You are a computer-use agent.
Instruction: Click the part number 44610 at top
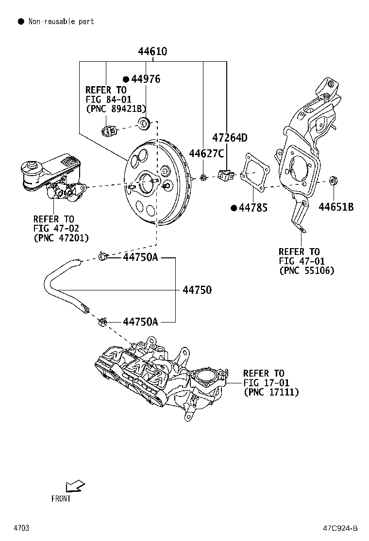pos(152,51)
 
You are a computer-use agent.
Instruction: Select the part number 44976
pos(146,79)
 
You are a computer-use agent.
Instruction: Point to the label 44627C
pos(206,154)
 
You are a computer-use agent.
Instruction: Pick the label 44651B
pos(336,207)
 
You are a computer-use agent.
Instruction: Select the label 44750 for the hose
pos(197,290)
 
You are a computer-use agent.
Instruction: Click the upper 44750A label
pos(140,257)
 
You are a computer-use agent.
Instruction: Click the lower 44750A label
pos(140,322)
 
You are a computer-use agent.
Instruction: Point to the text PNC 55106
pos(306,270)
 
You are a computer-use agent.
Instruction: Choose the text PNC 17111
pos(271,392)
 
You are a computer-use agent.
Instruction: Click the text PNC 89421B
pos(116,108)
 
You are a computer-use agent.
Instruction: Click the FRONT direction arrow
pos(75,486)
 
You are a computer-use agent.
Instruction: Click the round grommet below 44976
pos(144,124)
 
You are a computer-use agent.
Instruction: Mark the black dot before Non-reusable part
pos(21,21)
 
